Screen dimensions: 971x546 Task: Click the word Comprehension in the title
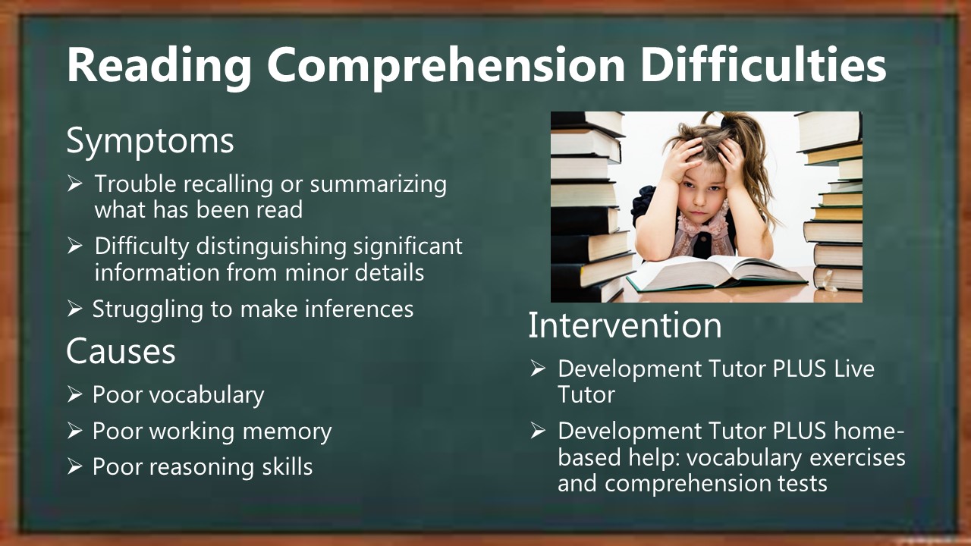click(446, 66)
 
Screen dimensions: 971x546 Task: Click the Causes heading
click(121, 350)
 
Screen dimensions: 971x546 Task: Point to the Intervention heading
click(625, 325)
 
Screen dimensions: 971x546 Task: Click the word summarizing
click(378, 184)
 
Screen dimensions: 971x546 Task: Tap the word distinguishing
click(272, 247)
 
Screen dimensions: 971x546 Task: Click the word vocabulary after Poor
click(207, 396)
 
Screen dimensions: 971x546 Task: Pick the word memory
click(287, 432)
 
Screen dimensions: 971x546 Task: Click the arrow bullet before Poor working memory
click(74, 431)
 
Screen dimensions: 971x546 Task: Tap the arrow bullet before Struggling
click(74, 309)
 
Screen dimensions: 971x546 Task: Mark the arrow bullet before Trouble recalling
click(74, 184)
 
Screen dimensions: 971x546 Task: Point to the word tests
click(803, 484)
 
